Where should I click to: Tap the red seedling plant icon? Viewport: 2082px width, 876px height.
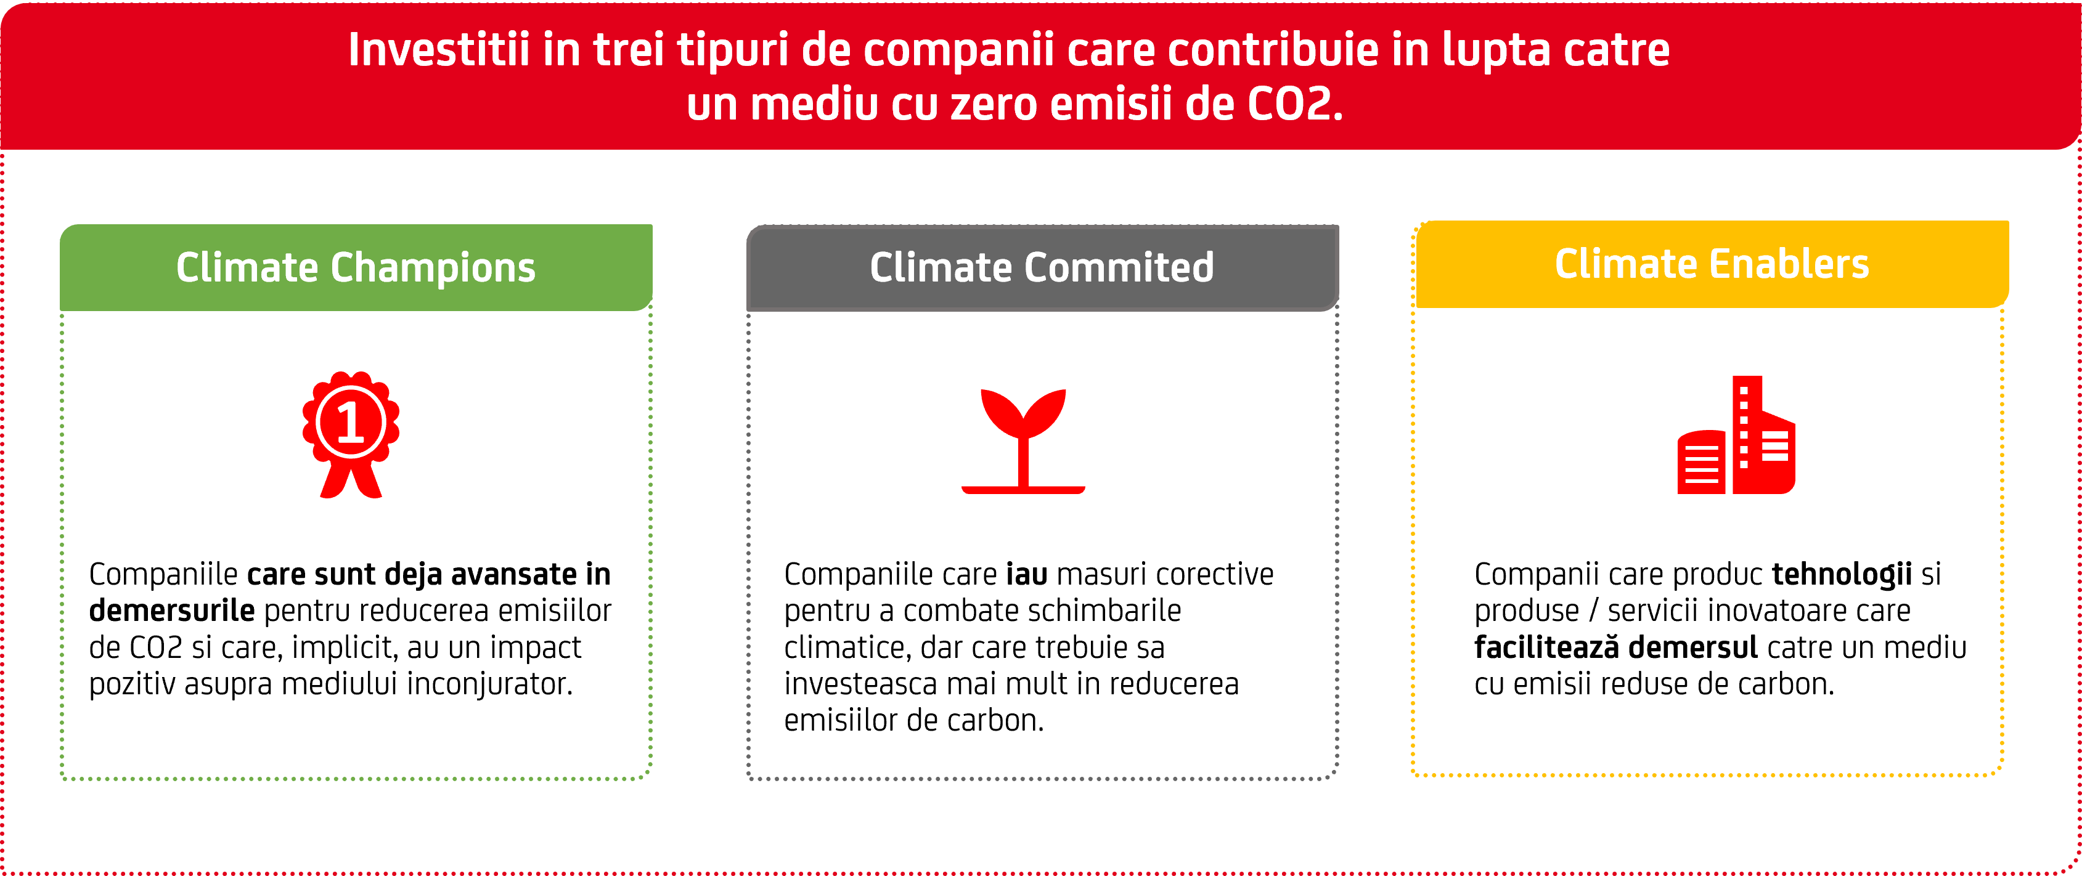tap(1023, 441)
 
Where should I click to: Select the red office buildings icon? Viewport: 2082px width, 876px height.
tap(1736, 435)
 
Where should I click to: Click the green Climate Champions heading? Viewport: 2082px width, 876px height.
tap(356, 267)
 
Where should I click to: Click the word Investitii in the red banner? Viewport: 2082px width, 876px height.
tap(439, 50)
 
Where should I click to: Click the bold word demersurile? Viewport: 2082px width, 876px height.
tap(171, 611)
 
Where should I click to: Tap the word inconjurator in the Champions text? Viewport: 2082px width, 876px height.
tap(490, 685)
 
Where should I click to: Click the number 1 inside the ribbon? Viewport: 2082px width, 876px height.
tap(350, 423)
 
